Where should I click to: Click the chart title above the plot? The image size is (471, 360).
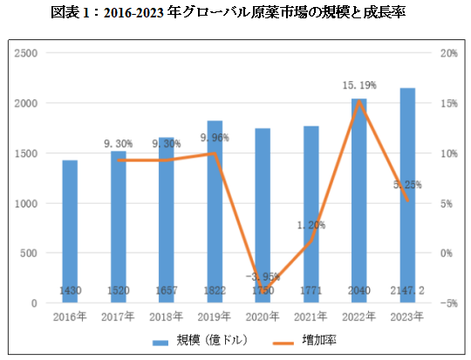point(235,12)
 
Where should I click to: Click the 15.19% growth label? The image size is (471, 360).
point(358,85)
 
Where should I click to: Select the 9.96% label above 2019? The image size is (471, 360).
point(215,138)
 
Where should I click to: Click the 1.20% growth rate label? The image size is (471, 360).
point(311,225)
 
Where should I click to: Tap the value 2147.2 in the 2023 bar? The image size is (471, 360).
point(407,290)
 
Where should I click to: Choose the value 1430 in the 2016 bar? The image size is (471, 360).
point(70,290)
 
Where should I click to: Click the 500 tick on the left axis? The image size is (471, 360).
point(29,254)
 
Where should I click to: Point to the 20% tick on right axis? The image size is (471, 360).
point(448,53)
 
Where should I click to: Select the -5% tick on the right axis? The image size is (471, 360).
point(448,303)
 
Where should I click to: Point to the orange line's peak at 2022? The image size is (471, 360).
point(358,101)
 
